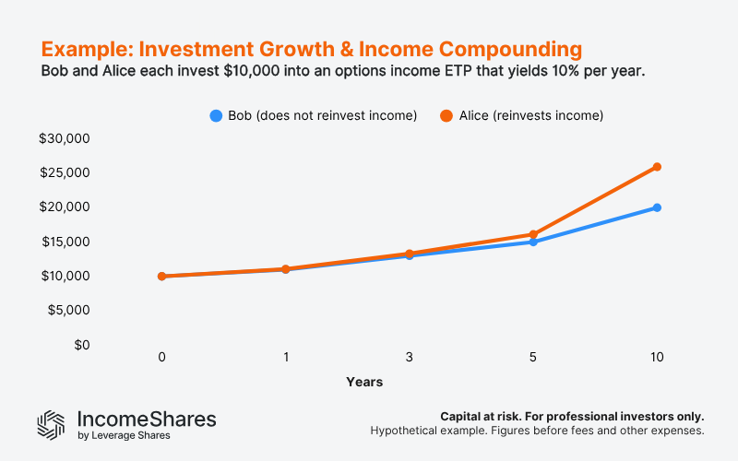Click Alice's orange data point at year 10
coord(657,167)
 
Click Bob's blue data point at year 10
coord(657,207)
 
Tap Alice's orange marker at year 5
coord(533,234)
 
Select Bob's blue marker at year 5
coord(533,242)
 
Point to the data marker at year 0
coord(161,276)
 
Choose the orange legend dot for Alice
coord(446,115)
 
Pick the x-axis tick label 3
coord(410,357)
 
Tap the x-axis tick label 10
coord(657,357)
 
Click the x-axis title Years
coord(364,382)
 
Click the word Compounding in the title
coord(499,48)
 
